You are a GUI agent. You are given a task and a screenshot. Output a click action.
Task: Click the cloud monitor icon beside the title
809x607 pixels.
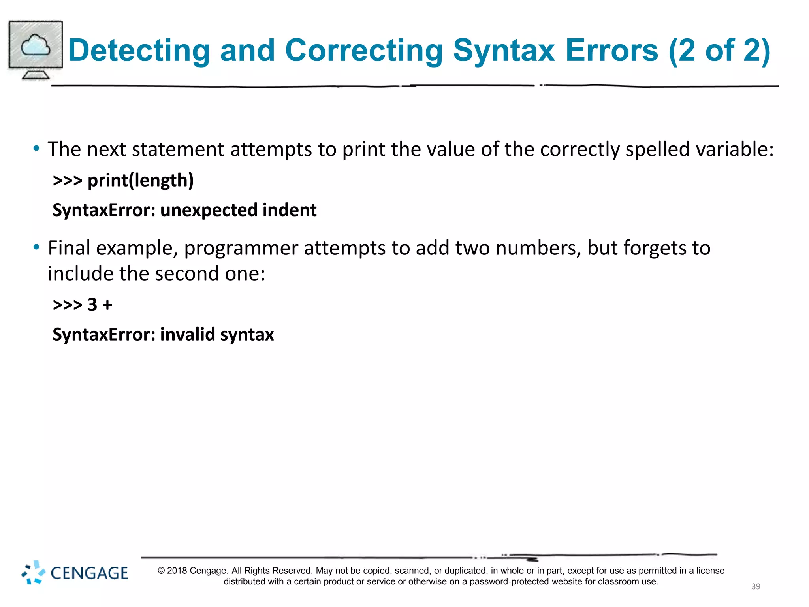click(36, 49)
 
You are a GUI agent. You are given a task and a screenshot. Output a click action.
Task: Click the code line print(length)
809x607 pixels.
click(140, 181)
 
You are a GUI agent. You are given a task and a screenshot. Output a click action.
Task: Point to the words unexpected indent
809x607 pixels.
click(238, 210)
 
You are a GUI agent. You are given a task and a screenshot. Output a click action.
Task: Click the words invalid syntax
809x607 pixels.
click(217, 335)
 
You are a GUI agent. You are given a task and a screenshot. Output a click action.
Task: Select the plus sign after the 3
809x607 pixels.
click(107, 305)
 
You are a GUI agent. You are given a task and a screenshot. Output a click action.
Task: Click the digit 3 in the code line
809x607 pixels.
click(92, 305)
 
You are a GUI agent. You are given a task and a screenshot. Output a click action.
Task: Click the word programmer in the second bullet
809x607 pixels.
click(241, 248)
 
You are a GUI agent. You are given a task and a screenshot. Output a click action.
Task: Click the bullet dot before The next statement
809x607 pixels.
click(36, 149)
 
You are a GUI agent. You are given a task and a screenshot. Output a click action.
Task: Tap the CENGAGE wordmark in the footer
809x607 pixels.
click(89, 573)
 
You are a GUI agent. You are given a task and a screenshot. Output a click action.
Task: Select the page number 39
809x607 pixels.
click(756, 586)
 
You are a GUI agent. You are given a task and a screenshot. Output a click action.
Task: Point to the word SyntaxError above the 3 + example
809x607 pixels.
click(103, 210)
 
